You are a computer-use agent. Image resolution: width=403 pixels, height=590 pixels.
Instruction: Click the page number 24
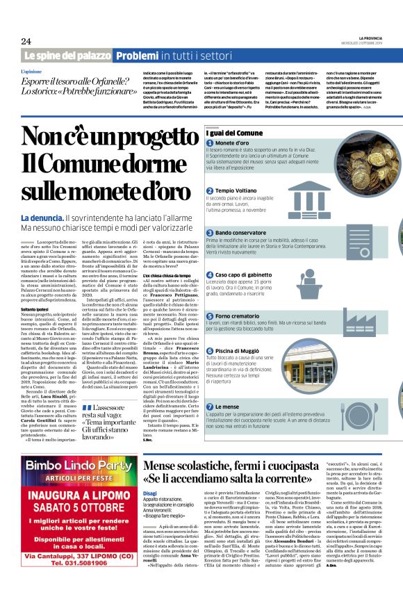(x=26, y=41)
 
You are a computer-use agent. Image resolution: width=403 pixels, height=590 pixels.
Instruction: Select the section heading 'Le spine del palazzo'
(x=67, y=55)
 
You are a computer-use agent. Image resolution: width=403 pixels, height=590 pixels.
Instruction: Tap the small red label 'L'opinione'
(x=31, y=71)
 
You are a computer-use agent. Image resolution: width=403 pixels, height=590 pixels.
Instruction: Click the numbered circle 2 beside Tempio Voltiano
(x=210, y=190)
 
